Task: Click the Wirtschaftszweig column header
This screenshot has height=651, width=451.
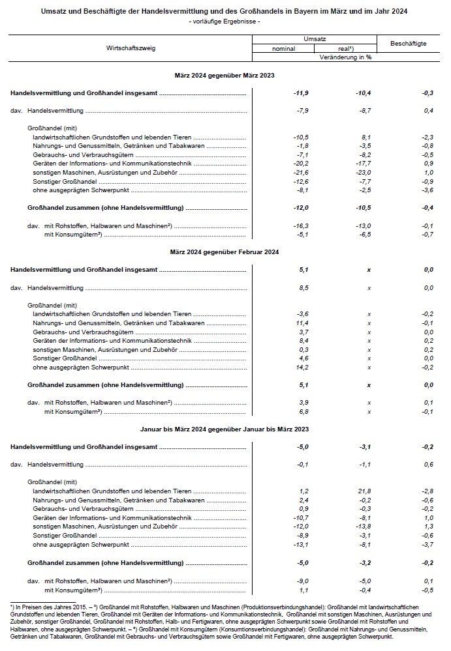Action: [131, 48]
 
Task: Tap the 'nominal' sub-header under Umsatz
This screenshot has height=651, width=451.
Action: [283, 49]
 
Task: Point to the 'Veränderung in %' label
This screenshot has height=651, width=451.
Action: [345, 57]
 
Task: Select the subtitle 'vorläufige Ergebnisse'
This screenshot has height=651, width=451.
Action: [224, 22]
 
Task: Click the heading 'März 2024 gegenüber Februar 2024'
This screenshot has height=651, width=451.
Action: [225, 252]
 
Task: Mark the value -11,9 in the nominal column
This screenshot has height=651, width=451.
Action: [301, 94]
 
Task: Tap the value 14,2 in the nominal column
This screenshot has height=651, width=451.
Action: [302, 367]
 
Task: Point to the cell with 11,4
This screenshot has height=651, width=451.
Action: [302, 323]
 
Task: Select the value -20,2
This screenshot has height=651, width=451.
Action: [302, 164]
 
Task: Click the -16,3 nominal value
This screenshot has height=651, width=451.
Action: [302, 225]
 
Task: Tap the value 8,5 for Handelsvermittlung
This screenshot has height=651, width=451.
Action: [303, 287]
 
